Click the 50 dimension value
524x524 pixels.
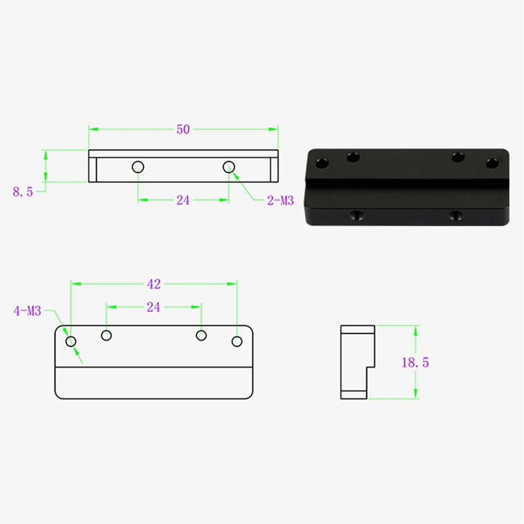point(183,129)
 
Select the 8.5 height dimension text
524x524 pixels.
point(23,192)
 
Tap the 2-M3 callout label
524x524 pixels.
point(280,200)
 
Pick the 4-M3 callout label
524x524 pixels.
point(27,311)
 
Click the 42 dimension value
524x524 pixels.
point(154,284)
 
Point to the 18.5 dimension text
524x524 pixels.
point(415,362)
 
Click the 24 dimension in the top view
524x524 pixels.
point(183,200)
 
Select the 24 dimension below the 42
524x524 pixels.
point(153,307)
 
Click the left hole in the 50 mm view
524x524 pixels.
point(138,166)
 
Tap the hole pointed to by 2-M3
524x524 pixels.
point(229,166)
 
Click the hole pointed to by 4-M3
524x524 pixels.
point(71,341)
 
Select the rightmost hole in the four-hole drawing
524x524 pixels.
point(237,341)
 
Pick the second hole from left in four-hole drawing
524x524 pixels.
point(106,335)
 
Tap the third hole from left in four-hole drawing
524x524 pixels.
point(201,335)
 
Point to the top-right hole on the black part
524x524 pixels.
point(492,163)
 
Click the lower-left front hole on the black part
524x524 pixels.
point(357,215)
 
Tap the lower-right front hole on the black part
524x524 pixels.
point(456,215)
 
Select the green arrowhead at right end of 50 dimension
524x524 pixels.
point(274,129)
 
